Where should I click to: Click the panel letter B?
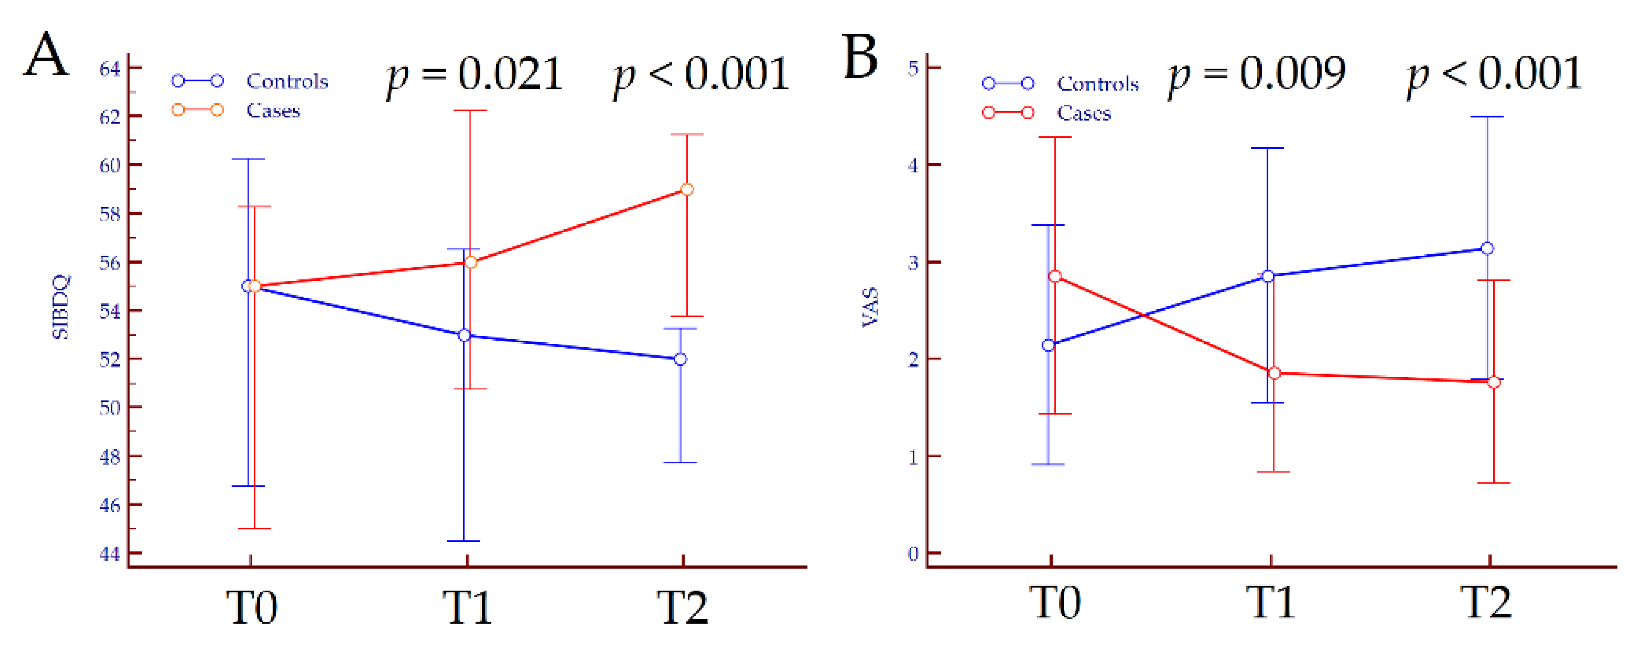tap(860, 57)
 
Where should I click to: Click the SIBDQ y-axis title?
tap(61, 307)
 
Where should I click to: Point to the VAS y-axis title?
tap(870, 307)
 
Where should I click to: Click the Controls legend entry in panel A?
tap(286, 81)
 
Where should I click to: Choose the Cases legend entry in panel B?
tap(1083, 114)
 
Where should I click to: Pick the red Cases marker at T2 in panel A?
tap(686, 189)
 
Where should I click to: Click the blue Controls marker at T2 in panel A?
tap(680, 359)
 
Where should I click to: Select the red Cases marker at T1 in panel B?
tap(1274, 373)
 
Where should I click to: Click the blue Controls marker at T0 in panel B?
tap(1049, 345)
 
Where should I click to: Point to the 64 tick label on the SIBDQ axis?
tap(110, 68)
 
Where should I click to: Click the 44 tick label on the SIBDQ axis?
tap(110, 554)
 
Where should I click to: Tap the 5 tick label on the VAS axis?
tap(913, 68)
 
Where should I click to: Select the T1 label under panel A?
tap(467, 607)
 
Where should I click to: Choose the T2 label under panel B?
tap(1486, 602)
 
